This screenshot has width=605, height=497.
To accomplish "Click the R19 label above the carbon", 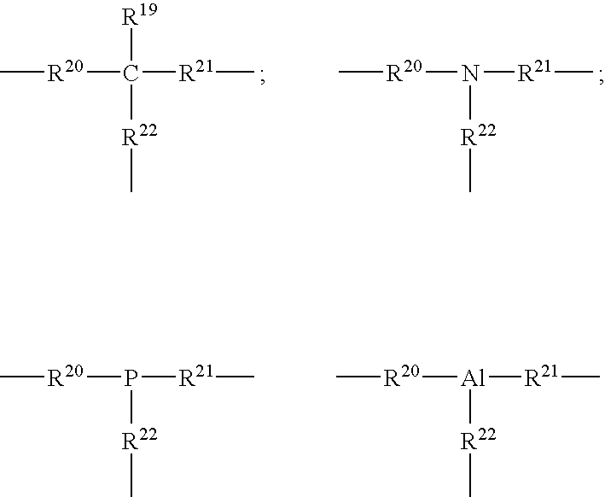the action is point(139,15).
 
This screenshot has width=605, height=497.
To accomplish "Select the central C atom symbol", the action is point(131,73).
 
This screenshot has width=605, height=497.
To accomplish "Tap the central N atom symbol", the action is point(470,73).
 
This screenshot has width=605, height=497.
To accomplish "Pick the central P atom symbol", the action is point(131,378).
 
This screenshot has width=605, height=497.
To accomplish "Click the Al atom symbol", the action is point(473,377).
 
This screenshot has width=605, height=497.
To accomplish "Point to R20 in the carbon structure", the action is point(65,71).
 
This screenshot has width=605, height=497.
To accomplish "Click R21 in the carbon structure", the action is point(196,71).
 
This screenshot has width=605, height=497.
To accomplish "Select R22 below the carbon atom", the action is point(139,135).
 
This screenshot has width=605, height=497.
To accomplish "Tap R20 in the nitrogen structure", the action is point(404,71).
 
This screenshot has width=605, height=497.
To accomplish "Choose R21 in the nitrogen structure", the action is point(534,71).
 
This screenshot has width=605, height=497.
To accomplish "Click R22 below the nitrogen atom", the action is point(478,135).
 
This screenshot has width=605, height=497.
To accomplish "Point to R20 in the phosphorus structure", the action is point(65,376).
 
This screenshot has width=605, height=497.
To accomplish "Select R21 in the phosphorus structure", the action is point(196,376).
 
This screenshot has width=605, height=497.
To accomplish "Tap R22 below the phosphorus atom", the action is point(139,440).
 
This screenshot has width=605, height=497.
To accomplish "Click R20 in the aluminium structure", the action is point(401,376).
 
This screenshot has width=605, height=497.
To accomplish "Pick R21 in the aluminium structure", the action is point(541,376).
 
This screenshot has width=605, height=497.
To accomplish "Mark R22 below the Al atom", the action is point(478,440).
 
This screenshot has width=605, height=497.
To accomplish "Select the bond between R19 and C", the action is point(131,44).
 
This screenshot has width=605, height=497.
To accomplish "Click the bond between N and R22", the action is point(470,102).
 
